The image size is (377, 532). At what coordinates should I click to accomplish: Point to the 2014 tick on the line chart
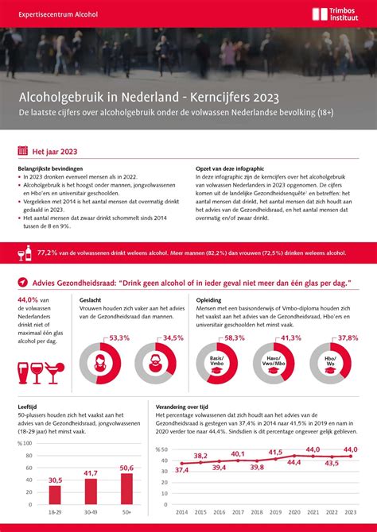tap(182, 512)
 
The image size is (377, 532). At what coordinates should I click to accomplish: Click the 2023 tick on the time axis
tap(349, 512)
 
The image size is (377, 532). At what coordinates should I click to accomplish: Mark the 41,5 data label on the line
tap(275, 453)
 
